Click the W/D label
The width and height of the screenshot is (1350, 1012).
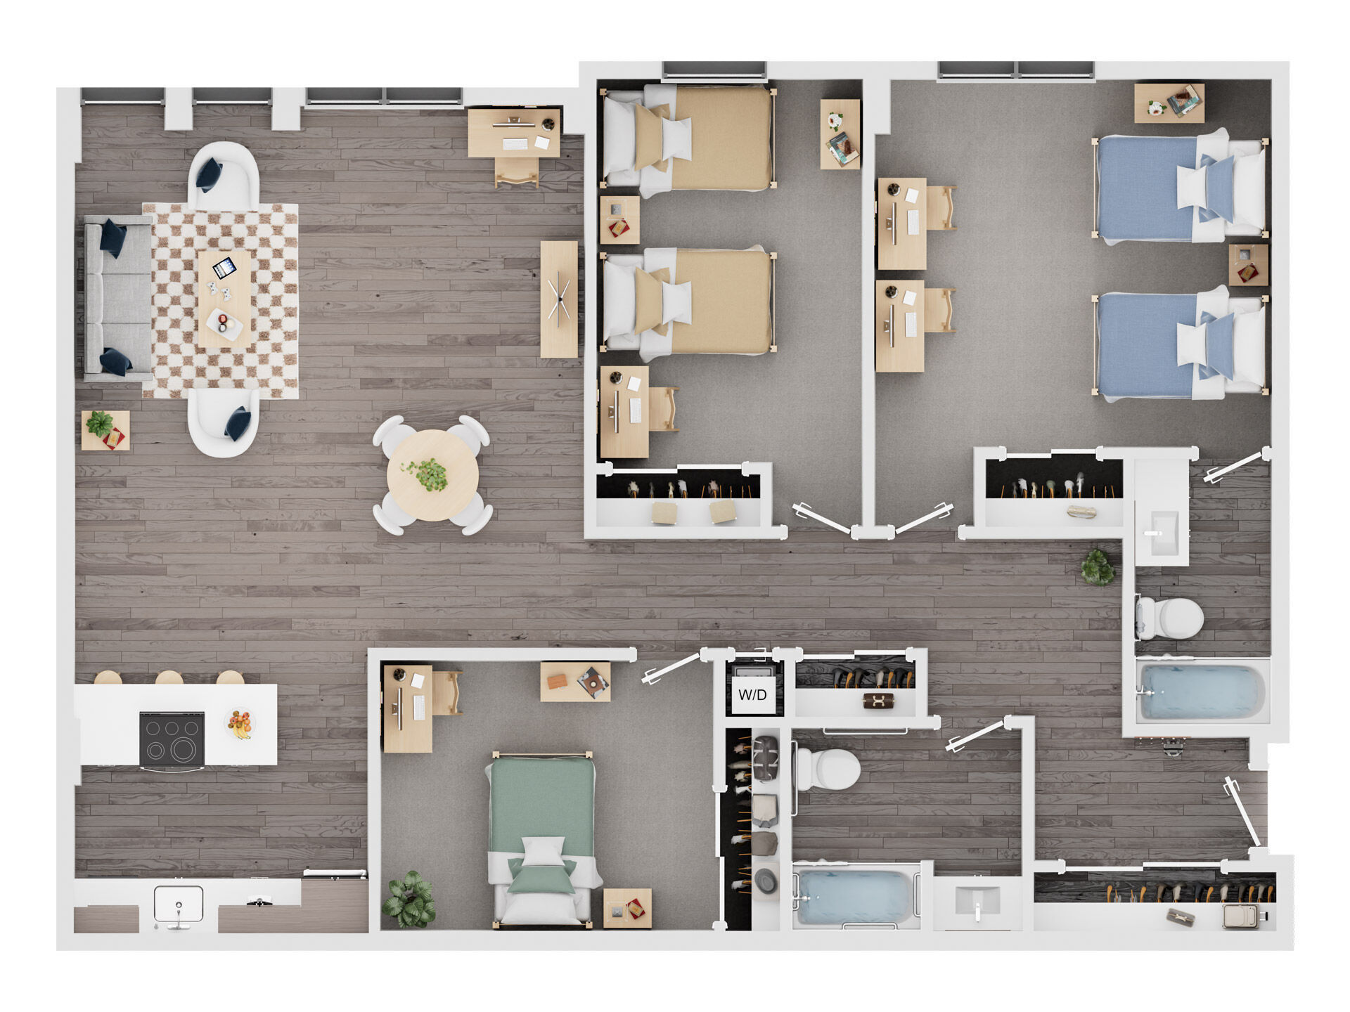752,695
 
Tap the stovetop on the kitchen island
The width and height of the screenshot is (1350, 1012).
172,739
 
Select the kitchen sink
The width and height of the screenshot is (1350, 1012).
179,904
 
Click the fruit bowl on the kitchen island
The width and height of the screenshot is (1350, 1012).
240,723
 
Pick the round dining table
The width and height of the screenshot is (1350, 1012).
432,476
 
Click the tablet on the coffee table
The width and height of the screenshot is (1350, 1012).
224,268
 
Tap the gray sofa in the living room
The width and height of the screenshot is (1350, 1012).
117,298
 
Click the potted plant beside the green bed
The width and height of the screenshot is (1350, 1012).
409,899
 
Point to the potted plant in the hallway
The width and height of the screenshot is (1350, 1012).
1098,567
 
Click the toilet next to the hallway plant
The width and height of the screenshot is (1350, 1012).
1170,618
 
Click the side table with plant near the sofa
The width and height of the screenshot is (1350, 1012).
105,429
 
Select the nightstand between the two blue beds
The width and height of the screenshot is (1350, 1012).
1248,264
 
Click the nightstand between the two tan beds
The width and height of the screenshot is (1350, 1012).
619,220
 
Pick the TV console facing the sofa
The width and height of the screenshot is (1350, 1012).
559,299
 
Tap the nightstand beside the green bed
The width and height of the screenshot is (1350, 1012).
627,908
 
